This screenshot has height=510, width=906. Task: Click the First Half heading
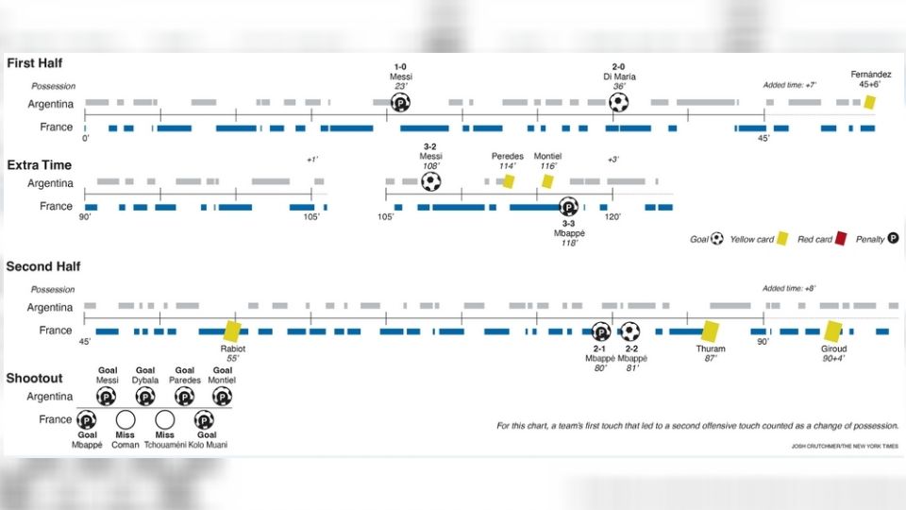35,63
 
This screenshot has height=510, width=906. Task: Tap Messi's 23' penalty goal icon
400,103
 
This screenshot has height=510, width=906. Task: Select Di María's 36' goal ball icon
618,102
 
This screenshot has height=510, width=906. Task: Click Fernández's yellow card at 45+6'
869,101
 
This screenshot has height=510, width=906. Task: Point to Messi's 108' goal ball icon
430,181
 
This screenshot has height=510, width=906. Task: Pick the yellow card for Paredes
508,180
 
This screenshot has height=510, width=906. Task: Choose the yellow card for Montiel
547,180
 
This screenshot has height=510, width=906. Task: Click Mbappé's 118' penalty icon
568,207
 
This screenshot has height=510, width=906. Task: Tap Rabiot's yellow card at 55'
232,331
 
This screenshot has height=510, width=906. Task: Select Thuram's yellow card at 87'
711,331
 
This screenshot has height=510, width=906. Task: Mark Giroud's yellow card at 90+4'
832,331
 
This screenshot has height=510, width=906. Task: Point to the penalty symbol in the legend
892,239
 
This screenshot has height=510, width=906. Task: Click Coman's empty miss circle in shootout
126,420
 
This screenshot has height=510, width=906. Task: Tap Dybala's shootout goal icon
144,397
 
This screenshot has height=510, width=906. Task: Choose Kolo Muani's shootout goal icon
204,420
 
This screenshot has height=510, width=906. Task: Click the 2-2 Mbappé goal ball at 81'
629,331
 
